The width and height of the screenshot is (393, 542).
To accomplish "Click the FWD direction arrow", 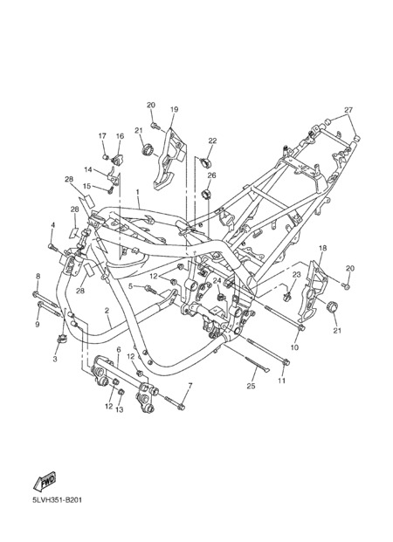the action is [x=45, y=481].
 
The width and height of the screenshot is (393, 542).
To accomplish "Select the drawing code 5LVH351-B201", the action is [x=58, y=500].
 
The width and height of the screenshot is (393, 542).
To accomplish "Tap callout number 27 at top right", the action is [x=348, y=110].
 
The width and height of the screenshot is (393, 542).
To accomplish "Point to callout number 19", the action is [x=174, y=110].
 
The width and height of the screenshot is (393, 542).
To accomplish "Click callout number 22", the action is [x=212, y=141].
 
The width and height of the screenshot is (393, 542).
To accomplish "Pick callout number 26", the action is [x=211, y=175].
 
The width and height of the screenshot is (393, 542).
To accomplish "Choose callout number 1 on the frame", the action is [x=137, y=191].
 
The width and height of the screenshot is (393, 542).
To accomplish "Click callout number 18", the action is [x=323, y=248].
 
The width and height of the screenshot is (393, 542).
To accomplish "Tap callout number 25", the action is [x=251, y=386].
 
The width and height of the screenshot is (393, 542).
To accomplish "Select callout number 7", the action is [x=190, y=385].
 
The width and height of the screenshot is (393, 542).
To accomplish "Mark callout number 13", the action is [x=120, y=410].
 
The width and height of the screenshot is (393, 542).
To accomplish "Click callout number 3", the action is [x=55, y=360].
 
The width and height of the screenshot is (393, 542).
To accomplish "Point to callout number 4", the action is [x=53, y=225].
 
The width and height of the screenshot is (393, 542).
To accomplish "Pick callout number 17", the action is [x=102, y=136].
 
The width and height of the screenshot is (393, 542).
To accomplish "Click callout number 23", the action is [x=296, y=274].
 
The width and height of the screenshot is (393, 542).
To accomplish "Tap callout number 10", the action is [x=294, y=347].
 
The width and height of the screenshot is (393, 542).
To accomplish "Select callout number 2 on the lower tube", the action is [x=107, y=311].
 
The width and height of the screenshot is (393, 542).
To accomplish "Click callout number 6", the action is [x=119, y=350].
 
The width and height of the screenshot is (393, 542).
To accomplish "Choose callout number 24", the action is [x=217, y=280].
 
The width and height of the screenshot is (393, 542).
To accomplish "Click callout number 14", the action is [x=88, y=169].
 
